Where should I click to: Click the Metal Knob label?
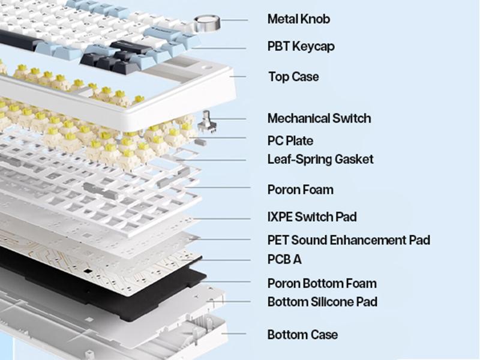coord(298,19)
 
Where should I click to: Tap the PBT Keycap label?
coord(301,46)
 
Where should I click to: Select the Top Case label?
coord(293,77)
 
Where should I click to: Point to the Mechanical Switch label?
coord(319,118)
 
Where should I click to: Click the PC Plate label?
coord(290,141)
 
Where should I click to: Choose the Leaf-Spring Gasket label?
coord(320,159)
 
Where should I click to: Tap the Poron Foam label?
coord(300,190)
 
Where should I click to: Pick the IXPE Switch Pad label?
coord(312,217)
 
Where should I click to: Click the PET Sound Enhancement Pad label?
coord(349,240)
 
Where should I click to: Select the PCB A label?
coord(284,259)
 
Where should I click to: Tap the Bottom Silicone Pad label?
coord(322,301)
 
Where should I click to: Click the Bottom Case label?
coord(302,334)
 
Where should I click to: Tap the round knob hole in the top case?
coord(207,67)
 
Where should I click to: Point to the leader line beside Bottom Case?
coord(234,334)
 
